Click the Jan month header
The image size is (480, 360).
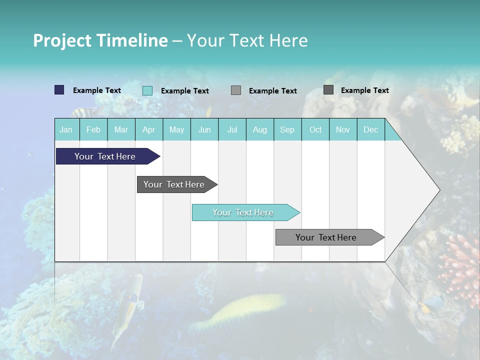pos(66,130)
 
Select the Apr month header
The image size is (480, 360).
pos(149,130)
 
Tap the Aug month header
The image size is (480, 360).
pos(260,130)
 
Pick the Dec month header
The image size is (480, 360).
pos(371,130)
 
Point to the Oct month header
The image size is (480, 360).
pos(315,130)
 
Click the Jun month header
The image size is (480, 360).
pos(204,130)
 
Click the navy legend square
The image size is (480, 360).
pos(59,90)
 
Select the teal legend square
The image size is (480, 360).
pos(147,90)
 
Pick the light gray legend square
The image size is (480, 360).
pos(236,90)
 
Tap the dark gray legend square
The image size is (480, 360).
pos(328,90)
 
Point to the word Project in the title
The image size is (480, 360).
pos(62,40)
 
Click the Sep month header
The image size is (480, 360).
pos(287,130)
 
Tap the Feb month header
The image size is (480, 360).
pos(93,130)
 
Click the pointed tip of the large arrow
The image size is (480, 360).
pos(438,190)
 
